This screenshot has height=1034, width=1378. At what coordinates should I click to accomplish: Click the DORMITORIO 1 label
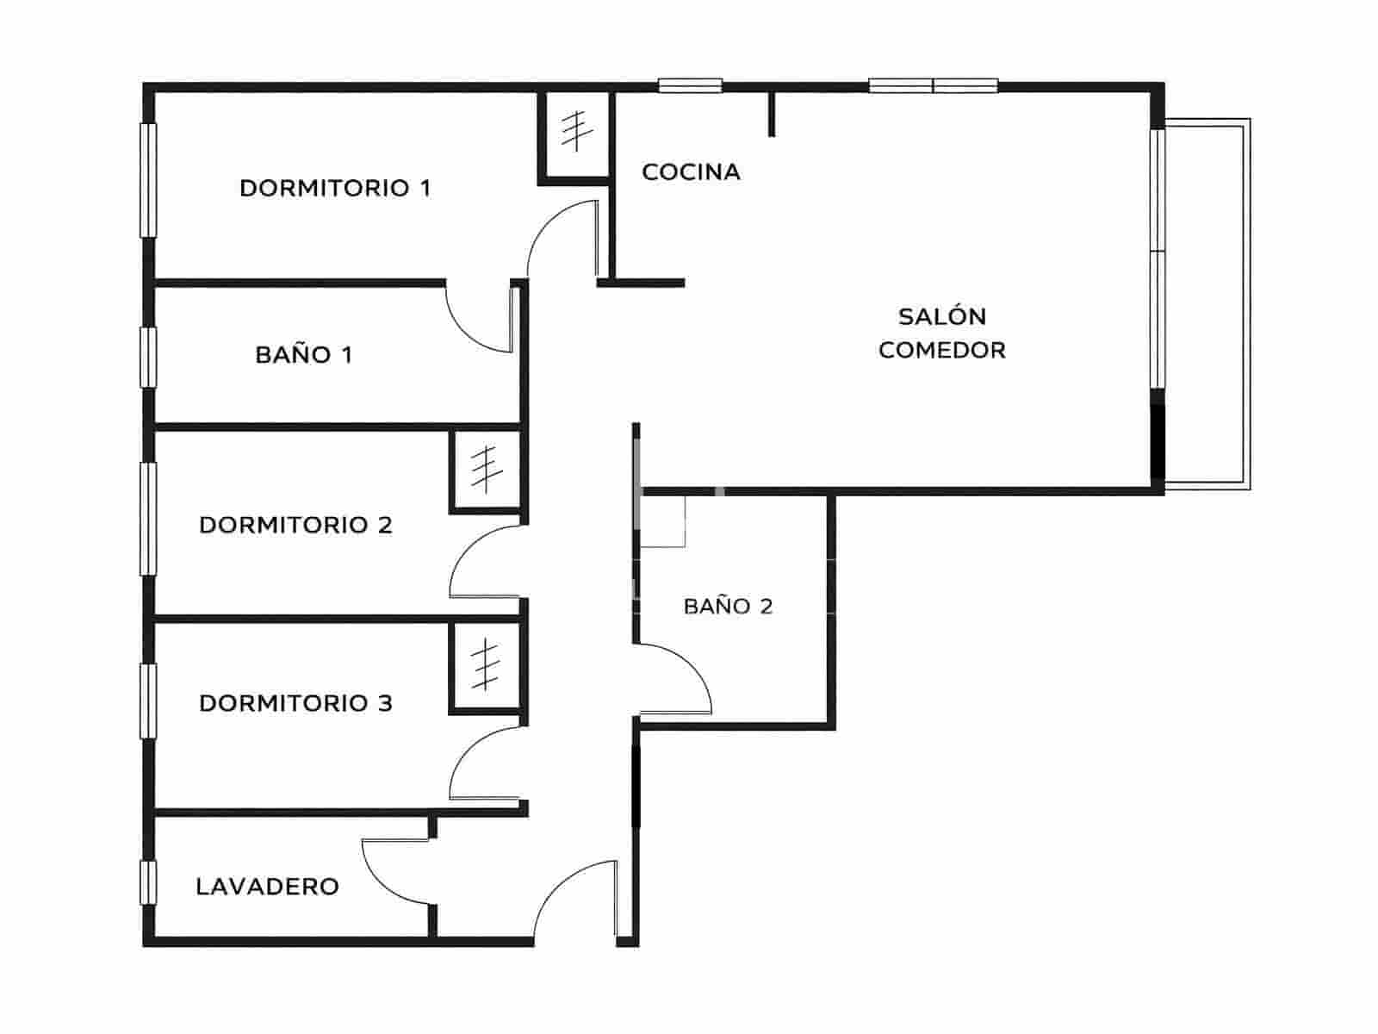335,188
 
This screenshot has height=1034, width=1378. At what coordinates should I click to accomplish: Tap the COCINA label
691,172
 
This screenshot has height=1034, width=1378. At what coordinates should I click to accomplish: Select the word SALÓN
942,317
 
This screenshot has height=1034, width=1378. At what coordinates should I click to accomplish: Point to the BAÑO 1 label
304,355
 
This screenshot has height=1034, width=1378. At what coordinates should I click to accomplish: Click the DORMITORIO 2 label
295,525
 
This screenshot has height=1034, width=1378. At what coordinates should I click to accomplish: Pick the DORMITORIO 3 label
295,703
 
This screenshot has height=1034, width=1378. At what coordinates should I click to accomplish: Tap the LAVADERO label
267,887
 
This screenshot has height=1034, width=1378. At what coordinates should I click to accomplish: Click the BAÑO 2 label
728,607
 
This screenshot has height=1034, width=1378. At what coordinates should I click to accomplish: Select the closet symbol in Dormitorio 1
574,132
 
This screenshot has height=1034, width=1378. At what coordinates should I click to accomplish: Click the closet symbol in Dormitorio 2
486,469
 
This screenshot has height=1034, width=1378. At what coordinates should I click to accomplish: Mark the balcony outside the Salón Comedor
1206,306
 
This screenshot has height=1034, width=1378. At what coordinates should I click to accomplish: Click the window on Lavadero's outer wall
148,881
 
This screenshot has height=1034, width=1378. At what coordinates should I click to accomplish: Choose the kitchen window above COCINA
690,85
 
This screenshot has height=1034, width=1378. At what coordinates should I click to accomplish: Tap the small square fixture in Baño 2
663,522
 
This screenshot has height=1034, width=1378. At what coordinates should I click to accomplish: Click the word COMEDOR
942,351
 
